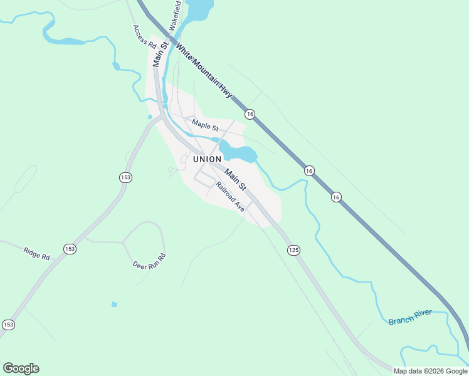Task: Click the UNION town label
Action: point(208,159)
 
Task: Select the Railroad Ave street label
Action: point(229,197)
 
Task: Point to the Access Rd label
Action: point(144,37)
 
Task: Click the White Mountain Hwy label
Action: point(204,70)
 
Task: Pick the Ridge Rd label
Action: point(36,253)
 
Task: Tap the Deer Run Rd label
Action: point(149,261)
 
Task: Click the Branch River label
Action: point(410,317)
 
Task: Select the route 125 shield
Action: point(293,250)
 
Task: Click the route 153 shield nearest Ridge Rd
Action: point(70,249)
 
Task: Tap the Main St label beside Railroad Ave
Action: point(236,180)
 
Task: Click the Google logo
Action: point(21,368)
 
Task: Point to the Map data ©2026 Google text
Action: point(431,371)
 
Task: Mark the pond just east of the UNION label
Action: point(240,152)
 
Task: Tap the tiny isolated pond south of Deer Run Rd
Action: point(113,305)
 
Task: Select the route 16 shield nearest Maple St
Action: point(250,113)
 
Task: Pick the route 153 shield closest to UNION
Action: point(125,178)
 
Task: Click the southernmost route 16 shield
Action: point(336,197)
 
